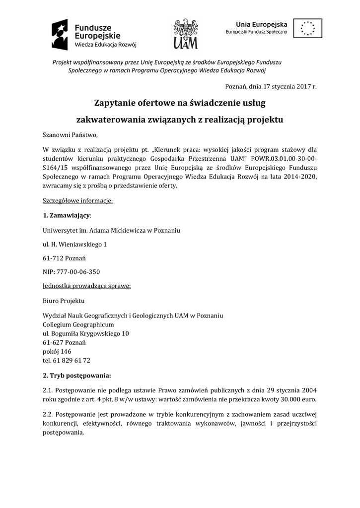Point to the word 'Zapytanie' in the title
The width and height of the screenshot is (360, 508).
coord(118,103)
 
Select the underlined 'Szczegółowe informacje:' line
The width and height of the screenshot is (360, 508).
coord(78,201)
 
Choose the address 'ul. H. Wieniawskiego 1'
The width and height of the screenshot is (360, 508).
coord(74,244)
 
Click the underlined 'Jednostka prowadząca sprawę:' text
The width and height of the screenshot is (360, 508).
coord(87,286)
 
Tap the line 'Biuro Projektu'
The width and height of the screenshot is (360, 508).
coord(64,301)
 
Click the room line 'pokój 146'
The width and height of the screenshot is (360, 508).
coord(57,351)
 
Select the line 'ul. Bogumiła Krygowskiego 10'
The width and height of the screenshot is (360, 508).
coord(86,333)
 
